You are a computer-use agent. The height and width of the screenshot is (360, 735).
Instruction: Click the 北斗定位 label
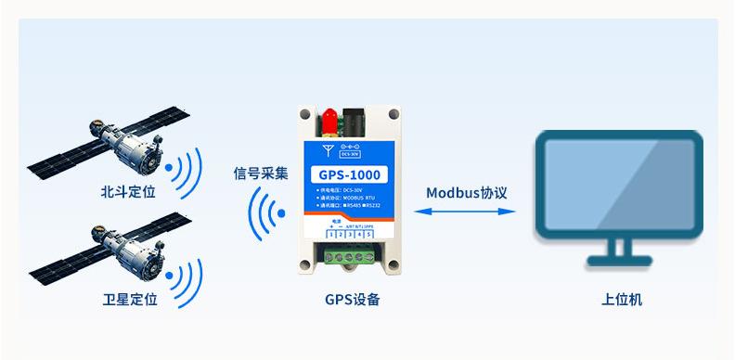(129, 193)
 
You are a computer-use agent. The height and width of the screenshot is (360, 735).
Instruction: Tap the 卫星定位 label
(129, 300)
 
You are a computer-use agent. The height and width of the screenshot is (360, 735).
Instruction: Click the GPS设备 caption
(352, 300)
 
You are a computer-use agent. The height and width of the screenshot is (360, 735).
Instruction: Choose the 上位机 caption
(621, 300)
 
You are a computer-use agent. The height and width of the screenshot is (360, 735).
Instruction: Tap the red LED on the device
(329, 118)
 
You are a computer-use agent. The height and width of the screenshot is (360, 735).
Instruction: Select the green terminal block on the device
(350, 257)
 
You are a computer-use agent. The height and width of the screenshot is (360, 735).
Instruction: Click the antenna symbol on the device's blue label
(327, 148)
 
